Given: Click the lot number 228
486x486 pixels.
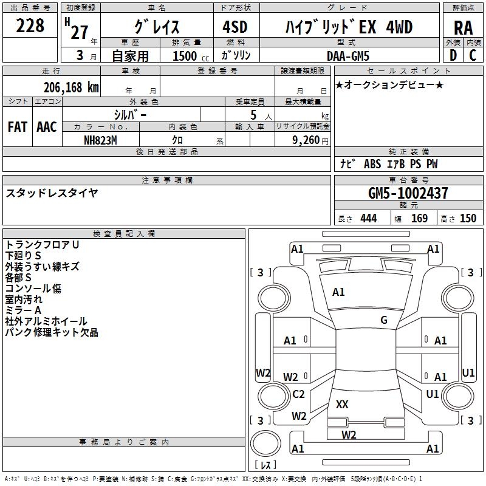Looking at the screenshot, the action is pos(30,26).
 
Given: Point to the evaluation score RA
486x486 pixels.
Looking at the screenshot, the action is pos(463,28).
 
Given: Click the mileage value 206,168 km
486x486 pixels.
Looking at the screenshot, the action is pos(71,87).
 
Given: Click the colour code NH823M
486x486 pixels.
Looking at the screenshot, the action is pos(100,140).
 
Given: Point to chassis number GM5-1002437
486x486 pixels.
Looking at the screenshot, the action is pos(408,193).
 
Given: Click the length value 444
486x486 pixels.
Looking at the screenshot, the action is pos(368,218).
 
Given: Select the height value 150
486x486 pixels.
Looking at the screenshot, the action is pos(468,218).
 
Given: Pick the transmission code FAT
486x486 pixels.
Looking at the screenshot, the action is pos(17,127).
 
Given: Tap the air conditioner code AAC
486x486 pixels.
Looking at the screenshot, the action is pos(46,127).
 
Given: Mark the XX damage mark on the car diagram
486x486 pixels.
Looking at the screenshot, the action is pos(342,404).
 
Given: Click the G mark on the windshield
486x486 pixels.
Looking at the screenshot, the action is pos(384,320).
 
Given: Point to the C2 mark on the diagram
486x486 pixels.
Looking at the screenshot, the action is pos(298,394).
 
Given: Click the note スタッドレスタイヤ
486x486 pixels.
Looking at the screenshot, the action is pos(52,193).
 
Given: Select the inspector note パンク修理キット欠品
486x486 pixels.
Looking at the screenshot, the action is pos(52,332).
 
